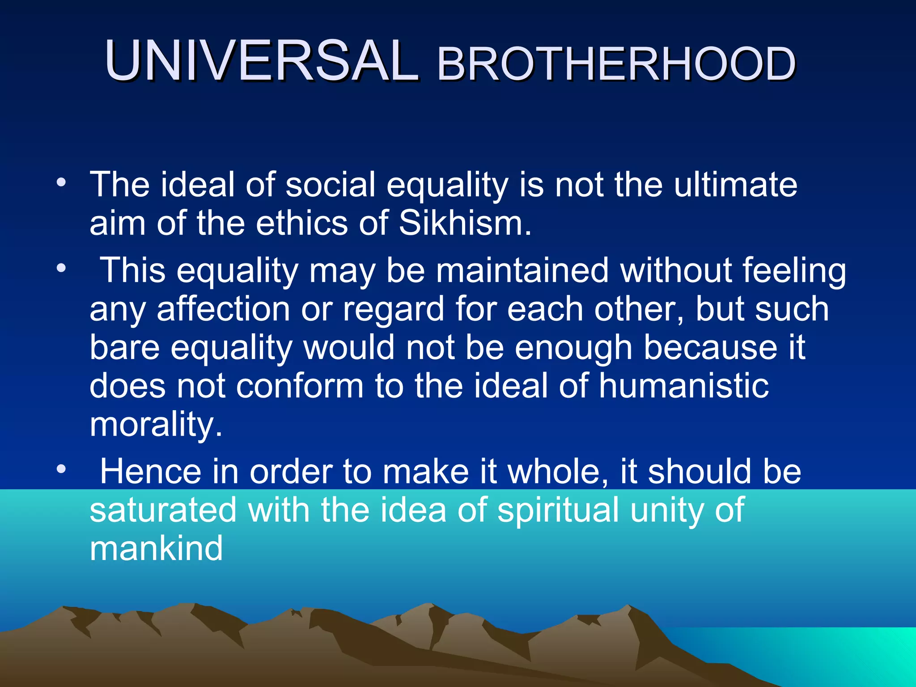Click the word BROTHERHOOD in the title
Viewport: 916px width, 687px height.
tap(616, 65)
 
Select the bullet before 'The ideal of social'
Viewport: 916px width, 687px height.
tap(61, 182)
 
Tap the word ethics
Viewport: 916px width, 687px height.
tap(301, 223)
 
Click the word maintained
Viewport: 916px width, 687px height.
tap(522, 270)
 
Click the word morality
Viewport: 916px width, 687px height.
tap(156, 425)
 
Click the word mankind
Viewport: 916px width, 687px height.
tap(156, 548)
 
